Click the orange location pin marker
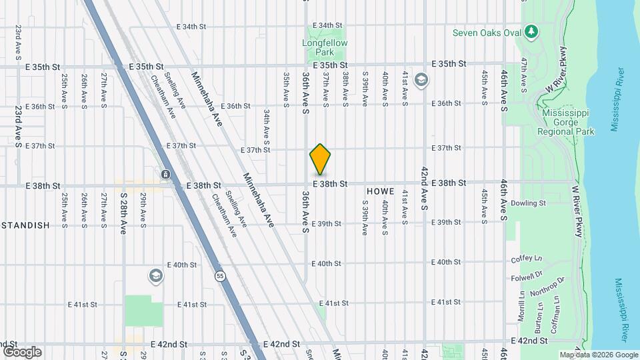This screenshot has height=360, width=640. (x=321, y=159)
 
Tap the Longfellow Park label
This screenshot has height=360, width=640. (x=325, y=47)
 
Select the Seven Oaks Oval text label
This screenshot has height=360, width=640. (x=486, y=32)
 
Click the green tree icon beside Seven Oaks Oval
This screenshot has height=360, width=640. (x=531, y=31)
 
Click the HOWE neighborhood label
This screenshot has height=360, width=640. (x=380, y=191)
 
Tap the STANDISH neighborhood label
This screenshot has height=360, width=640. (x=25, y=225)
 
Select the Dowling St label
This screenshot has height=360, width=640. (x=529, y=203)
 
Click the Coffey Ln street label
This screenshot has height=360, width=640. (x=527, y=259)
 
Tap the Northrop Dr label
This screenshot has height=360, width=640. (x=547, y=288)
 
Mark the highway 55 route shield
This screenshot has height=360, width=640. (x=219, y=275)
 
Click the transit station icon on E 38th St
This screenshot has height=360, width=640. (x=165, y=175)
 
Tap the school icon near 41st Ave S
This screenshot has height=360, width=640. (x=421, y=81)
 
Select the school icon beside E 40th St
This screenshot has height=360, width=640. (x=155, y=275)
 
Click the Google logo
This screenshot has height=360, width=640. (x=22, y=351)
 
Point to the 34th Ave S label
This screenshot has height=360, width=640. (x=266, y=127)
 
